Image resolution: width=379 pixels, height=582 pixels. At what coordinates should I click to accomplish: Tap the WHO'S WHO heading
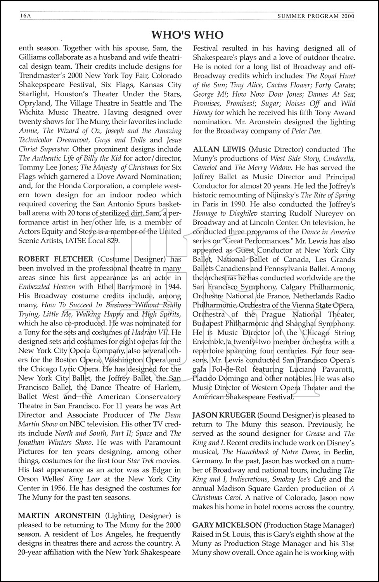tap(187, 35)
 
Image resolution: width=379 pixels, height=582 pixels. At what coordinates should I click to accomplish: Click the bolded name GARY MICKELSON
tap(226, 525)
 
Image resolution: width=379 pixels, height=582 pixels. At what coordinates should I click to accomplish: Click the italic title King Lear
tap(82, 479)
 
